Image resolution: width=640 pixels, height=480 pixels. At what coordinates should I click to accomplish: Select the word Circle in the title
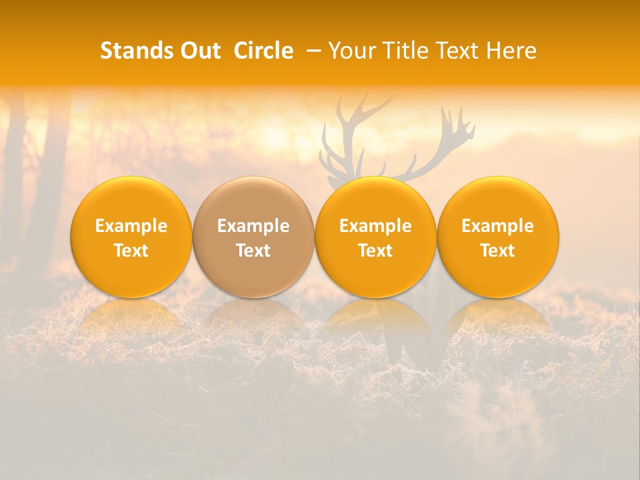point(263,51)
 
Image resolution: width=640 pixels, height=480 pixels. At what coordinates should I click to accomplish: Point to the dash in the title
point(311,51)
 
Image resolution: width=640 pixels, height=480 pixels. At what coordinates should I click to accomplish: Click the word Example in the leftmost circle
point(131,226)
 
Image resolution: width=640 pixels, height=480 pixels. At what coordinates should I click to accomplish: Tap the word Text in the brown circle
point(253,251)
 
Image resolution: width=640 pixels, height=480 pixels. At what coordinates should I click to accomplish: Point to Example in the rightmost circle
point(497,226)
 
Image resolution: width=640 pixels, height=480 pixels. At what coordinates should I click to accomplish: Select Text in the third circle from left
point(375,251)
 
